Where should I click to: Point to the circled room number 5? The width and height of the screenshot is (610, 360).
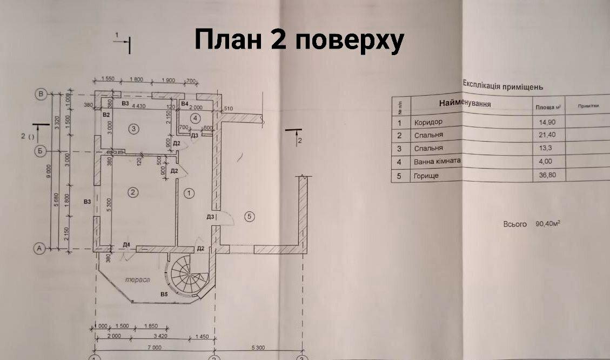click(249, 216)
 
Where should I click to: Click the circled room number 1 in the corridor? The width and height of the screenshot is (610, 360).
click(189, 192)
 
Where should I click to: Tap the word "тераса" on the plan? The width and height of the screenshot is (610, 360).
click(137, 280)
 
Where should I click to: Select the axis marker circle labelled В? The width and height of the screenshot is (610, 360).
click(41, 94)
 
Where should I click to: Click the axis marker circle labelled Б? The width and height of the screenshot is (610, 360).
click(39, 151)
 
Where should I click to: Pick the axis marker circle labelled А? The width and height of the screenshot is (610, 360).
click(39, 249)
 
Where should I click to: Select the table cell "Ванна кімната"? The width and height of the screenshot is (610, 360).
click(438, 161)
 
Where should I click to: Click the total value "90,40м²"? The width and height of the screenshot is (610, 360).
click(548, 223)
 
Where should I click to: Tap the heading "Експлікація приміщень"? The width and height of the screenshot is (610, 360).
click(502, 85)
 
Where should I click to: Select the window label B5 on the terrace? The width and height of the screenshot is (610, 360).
click(164, 294)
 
